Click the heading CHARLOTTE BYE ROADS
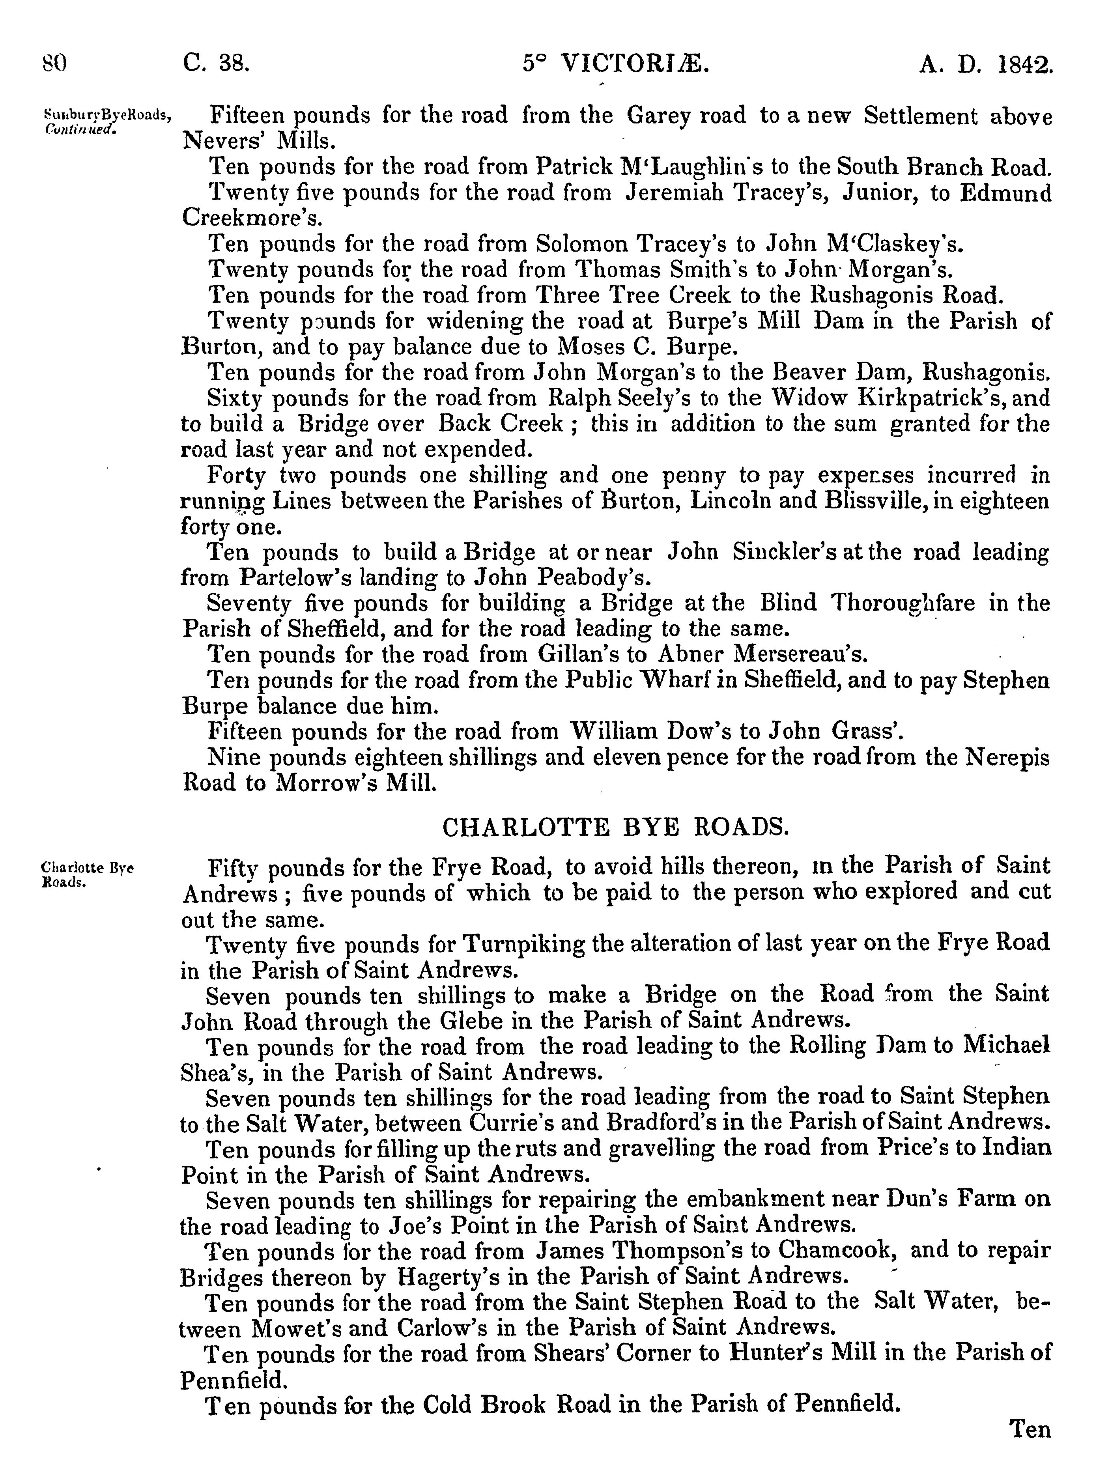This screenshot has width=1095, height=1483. [616, 827]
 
